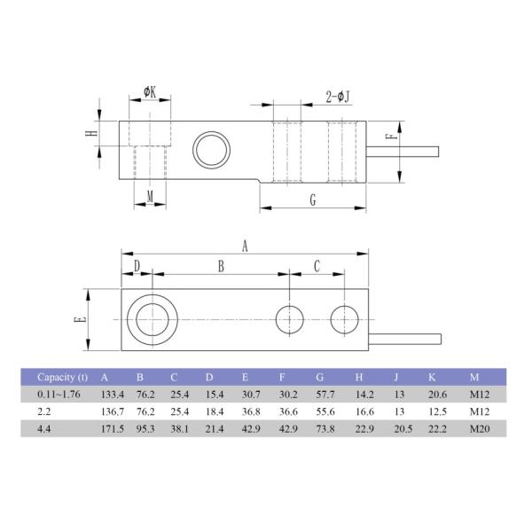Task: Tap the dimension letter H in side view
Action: coord(91,133)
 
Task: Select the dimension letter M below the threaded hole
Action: coord(150,196)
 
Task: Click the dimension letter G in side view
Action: coord(313,200)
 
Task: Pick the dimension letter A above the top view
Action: coord(245,246)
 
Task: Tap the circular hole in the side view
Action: coord(211,146)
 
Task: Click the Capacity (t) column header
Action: coord(63,376)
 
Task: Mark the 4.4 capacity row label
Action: coord(43,429)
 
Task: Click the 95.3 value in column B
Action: coord(146,429)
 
